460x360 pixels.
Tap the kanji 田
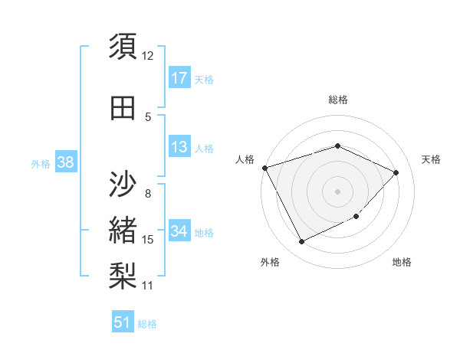tap(123, 108)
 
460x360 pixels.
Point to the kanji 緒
tap(123, 230)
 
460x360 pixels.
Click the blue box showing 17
tap(179, 77)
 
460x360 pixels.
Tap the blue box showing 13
tap(179, 147)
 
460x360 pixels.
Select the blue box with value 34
tap(179, 231)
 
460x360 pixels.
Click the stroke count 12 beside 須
tap(148, 55)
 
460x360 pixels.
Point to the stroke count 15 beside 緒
tap(148, 240)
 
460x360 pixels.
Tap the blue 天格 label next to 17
tap(204, 79)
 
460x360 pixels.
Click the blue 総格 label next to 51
tap(147, 324)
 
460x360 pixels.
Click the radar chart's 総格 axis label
tap(337, 100)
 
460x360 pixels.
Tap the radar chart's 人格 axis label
tap(245, 159)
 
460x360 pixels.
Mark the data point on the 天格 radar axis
tap(396, 172)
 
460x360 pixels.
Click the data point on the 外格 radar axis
tap(301, 242)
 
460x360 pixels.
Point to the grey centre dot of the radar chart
tap(337, 191)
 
